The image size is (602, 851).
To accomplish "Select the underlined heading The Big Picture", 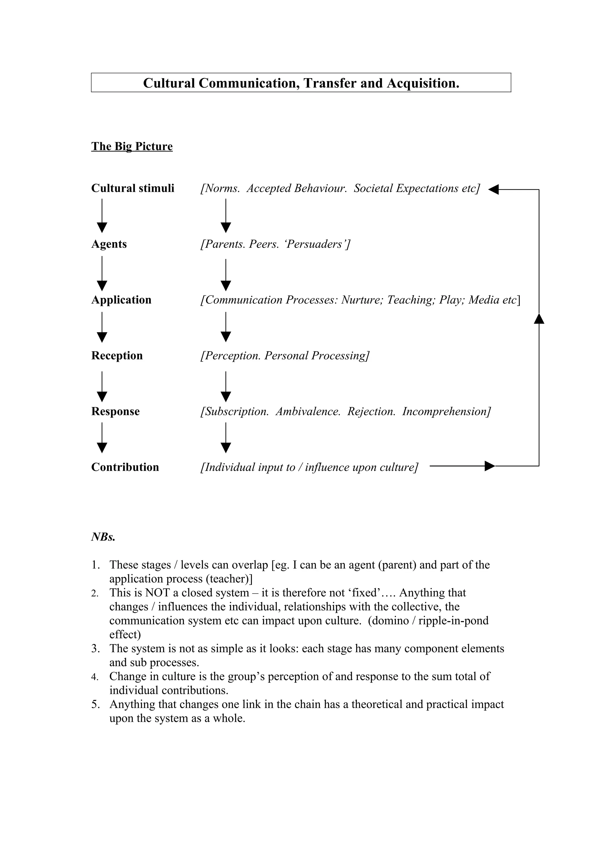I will pos(132,147).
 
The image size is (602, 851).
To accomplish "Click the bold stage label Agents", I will pos(109,244).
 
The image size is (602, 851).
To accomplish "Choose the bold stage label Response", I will pos(115,411).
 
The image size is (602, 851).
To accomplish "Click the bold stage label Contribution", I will pos(125,467).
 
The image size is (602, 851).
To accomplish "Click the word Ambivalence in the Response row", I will pos(308,411).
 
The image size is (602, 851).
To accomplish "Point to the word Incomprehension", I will pos(445,411).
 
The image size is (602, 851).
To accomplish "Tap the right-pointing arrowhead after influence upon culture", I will pos(490,466).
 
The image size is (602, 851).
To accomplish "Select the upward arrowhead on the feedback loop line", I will pos(539,318).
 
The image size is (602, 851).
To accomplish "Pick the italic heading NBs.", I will pos(103,537).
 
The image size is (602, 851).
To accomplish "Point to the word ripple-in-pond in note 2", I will pos(453,621).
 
